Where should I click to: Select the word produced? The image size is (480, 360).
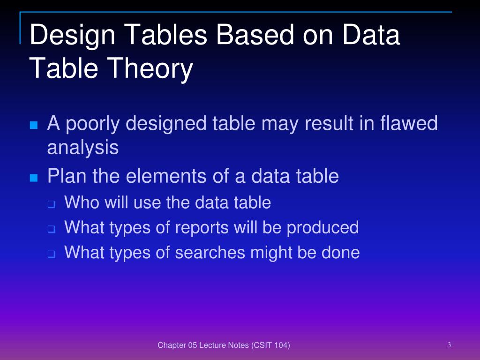click(x=322, y=228)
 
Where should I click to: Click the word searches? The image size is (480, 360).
click(x=210, y=253)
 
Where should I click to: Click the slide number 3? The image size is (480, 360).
click(x=449, y=345)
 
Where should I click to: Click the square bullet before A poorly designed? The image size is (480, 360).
click(x=33, y=125)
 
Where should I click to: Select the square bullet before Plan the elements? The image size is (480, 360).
click(x=33, y=178)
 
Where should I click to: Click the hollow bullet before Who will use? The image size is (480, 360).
click(x=51, y=204)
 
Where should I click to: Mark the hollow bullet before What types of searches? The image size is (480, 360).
click(x=51, y=255)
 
